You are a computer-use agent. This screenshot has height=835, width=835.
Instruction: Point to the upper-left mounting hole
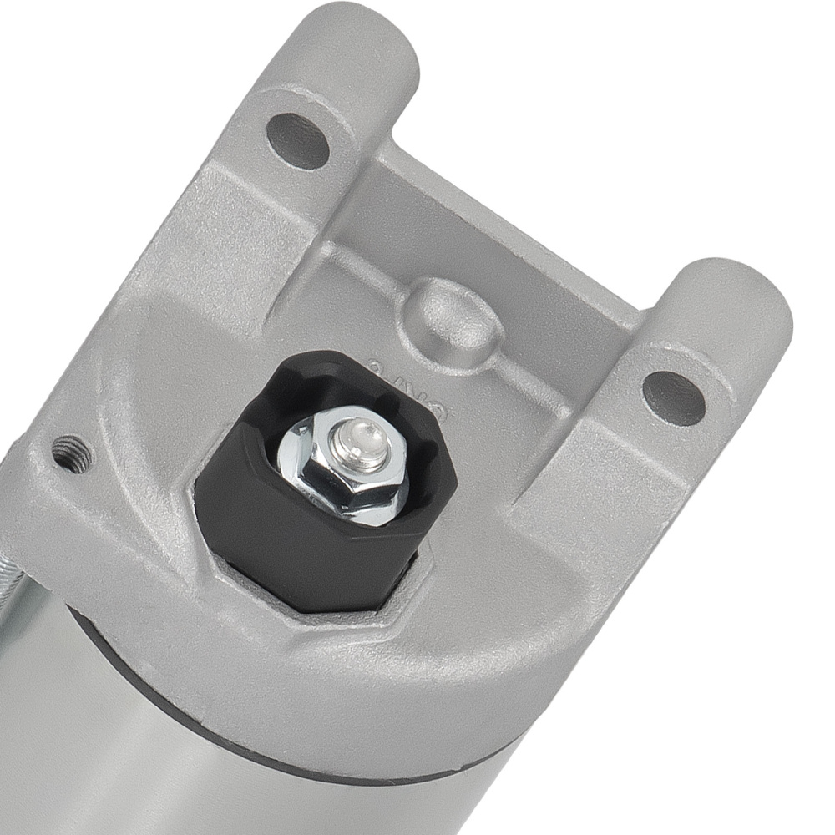click(x=297, y=140)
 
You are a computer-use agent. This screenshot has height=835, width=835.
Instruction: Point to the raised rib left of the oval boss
click(x=351, y=250)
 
